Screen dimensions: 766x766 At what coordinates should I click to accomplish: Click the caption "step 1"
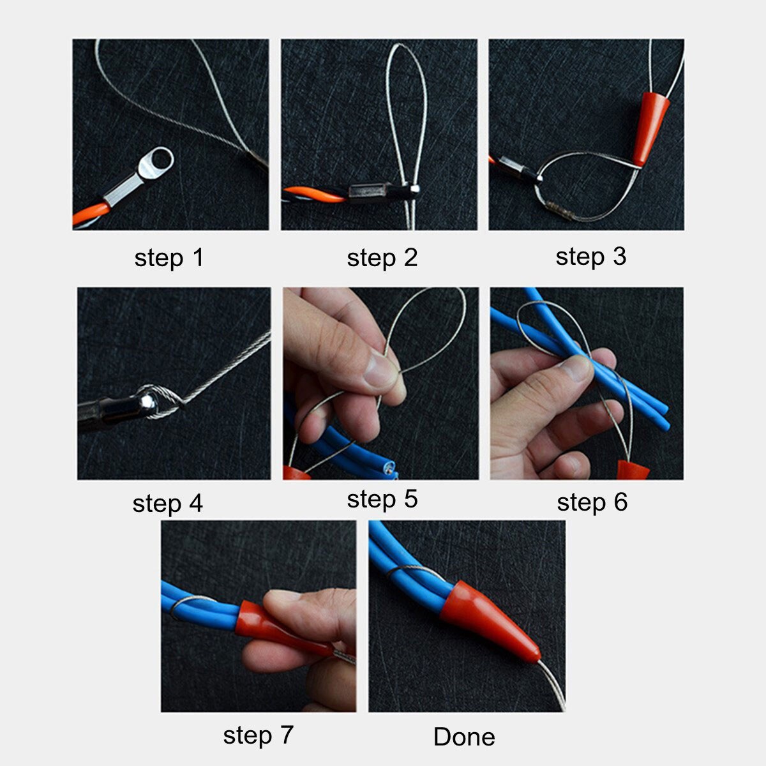169,258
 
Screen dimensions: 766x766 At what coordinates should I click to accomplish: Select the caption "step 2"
382,258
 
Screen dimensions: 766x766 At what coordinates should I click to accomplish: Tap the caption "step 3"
590,257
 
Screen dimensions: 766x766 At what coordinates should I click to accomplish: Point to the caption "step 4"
167,503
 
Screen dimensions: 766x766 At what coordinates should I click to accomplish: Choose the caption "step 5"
382,499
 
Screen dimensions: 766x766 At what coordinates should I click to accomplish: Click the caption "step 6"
592,502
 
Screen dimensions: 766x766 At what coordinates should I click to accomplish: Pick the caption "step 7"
258,735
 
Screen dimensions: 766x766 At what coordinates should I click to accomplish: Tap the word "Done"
464,737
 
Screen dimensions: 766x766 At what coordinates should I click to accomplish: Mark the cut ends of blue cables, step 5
387,470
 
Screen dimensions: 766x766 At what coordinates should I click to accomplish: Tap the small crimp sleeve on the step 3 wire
559,210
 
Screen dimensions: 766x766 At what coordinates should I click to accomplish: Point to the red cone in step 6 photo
633,470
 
